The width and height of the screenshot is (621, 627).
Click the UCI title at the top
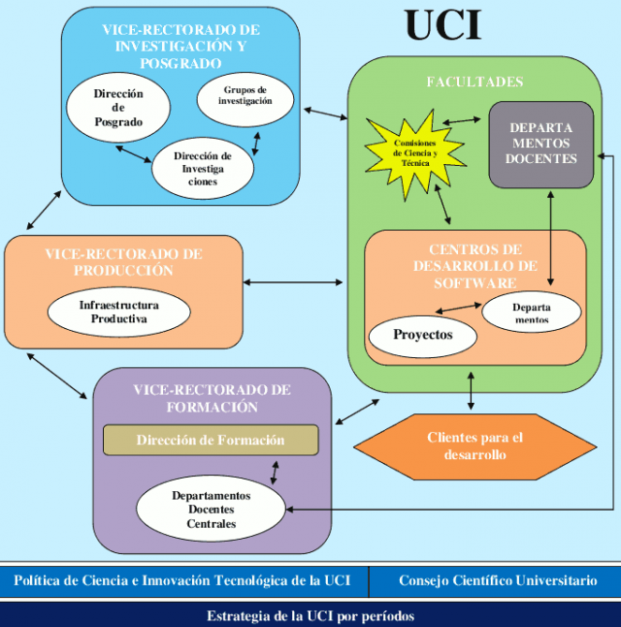[x=443, y=25]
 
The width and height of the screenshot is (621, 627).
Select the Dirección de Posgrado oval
[x=118, y=108]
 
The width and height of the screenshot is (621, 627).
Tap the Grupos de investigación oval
[x=245, y=100]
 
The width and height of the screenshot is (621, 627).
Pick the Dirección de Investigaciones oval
[x=203, y=167]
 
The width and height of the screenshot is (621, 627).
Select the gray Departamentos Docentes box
[x=541, y=144]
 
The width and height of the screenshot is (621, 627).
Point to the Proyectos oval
[x=423, y=335]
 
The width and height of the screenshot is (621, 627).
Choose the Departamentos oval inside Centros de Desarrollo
[x=531, y=312]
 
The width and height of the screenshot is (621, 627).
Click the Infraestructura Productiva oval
[x=119, y=311]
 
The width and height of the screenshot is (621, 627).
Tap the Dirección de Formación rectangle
[x=211, y=440]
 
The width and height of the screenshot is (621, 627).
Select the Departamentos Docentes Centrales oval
[x=212, y=510]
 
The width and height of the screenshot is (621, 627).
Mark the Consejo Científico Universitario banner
[x=497, y=580]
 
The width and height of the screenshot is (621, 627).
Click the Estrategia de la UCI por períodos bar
[x=310, y=615]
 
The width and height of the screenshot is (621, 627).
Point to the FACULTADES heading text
[x=474, y=82]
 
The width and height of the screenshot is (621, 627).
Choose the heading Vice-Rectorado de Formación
[x=212, y=398]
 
